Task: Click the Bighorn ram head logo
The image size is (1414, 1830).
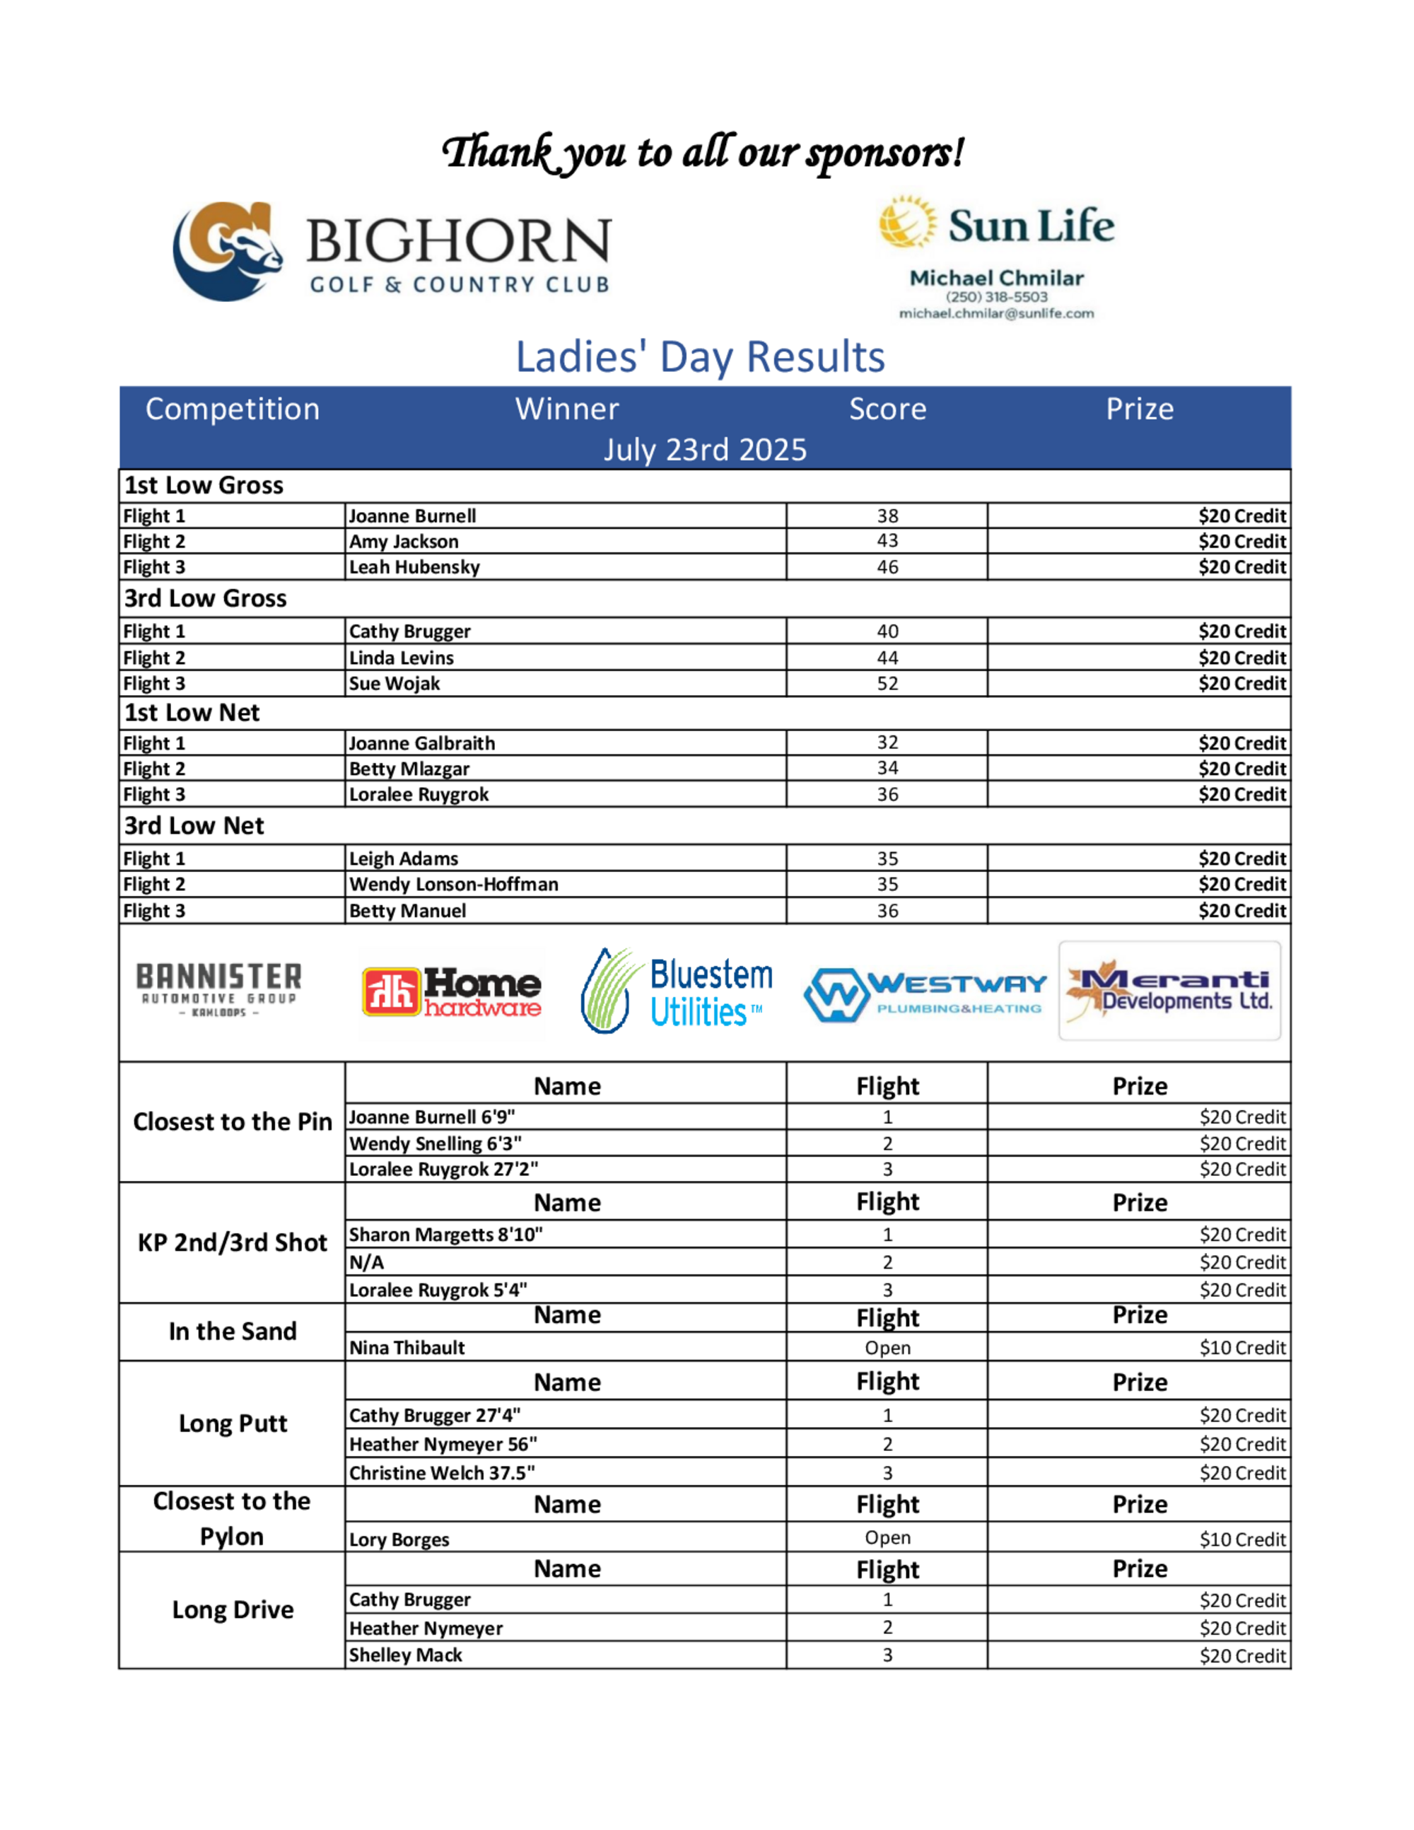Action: [227, 250]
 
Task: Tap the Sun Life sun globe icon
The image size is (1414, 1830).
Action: [906, 222]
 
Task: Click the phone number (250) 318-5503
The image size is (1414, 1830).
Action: [996, 296]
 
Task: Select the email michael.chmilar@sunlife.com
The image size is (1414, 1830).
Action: [996, 313]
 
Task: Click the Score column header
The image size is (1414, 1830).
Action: [887, 409]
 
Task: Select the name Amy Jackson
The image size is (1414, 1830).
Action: [404, 541]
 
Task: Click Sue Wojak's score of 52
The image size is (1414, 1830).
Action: [887, 684]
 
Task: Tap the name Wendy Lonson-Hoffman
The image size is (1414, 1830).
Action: [453, 885]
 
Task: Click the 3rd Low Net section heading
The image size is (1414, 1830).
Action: [194, 826]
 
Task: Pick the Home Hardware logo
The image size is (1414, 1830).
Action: [452, 992]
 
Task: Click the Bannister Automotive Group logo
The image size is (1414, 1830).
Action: [218, 989]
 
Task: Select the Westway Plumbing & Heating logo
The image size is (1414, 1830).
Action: [925, 995]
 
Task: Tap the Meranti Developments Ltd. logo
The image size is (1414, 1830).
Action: [1169, 991]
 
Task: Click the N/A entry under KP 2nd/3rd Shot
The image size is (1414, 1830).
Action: [367, 1263]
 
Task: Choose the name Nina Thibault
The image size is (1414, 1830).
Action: [407, 1348]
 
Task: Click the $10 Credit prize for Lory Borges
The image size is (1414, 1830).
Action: [1241, 1539]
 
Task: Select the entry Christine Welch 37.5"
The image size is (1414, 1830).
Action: [441, 1473]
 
